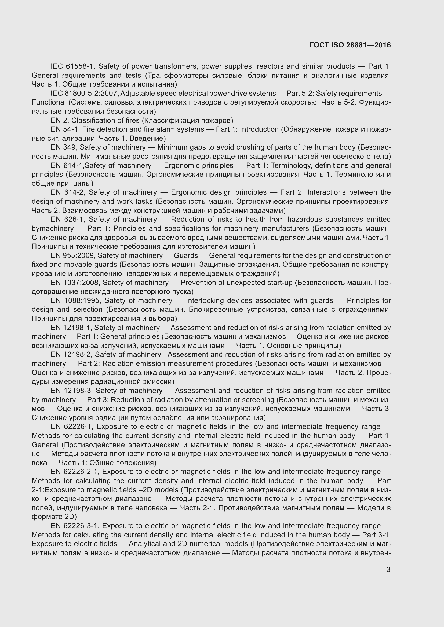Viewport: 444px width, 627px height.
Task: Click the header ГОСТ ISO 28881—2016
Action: click(x=350, y=45)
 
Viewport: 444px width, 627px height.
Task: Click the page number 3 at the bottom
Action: click(x=388, y=570)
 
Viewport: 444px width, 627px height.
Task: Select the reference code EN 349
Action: click(x=64, y=147)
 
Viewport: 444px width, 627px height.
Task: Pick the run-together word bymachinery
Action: click(x=53, y=229)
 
